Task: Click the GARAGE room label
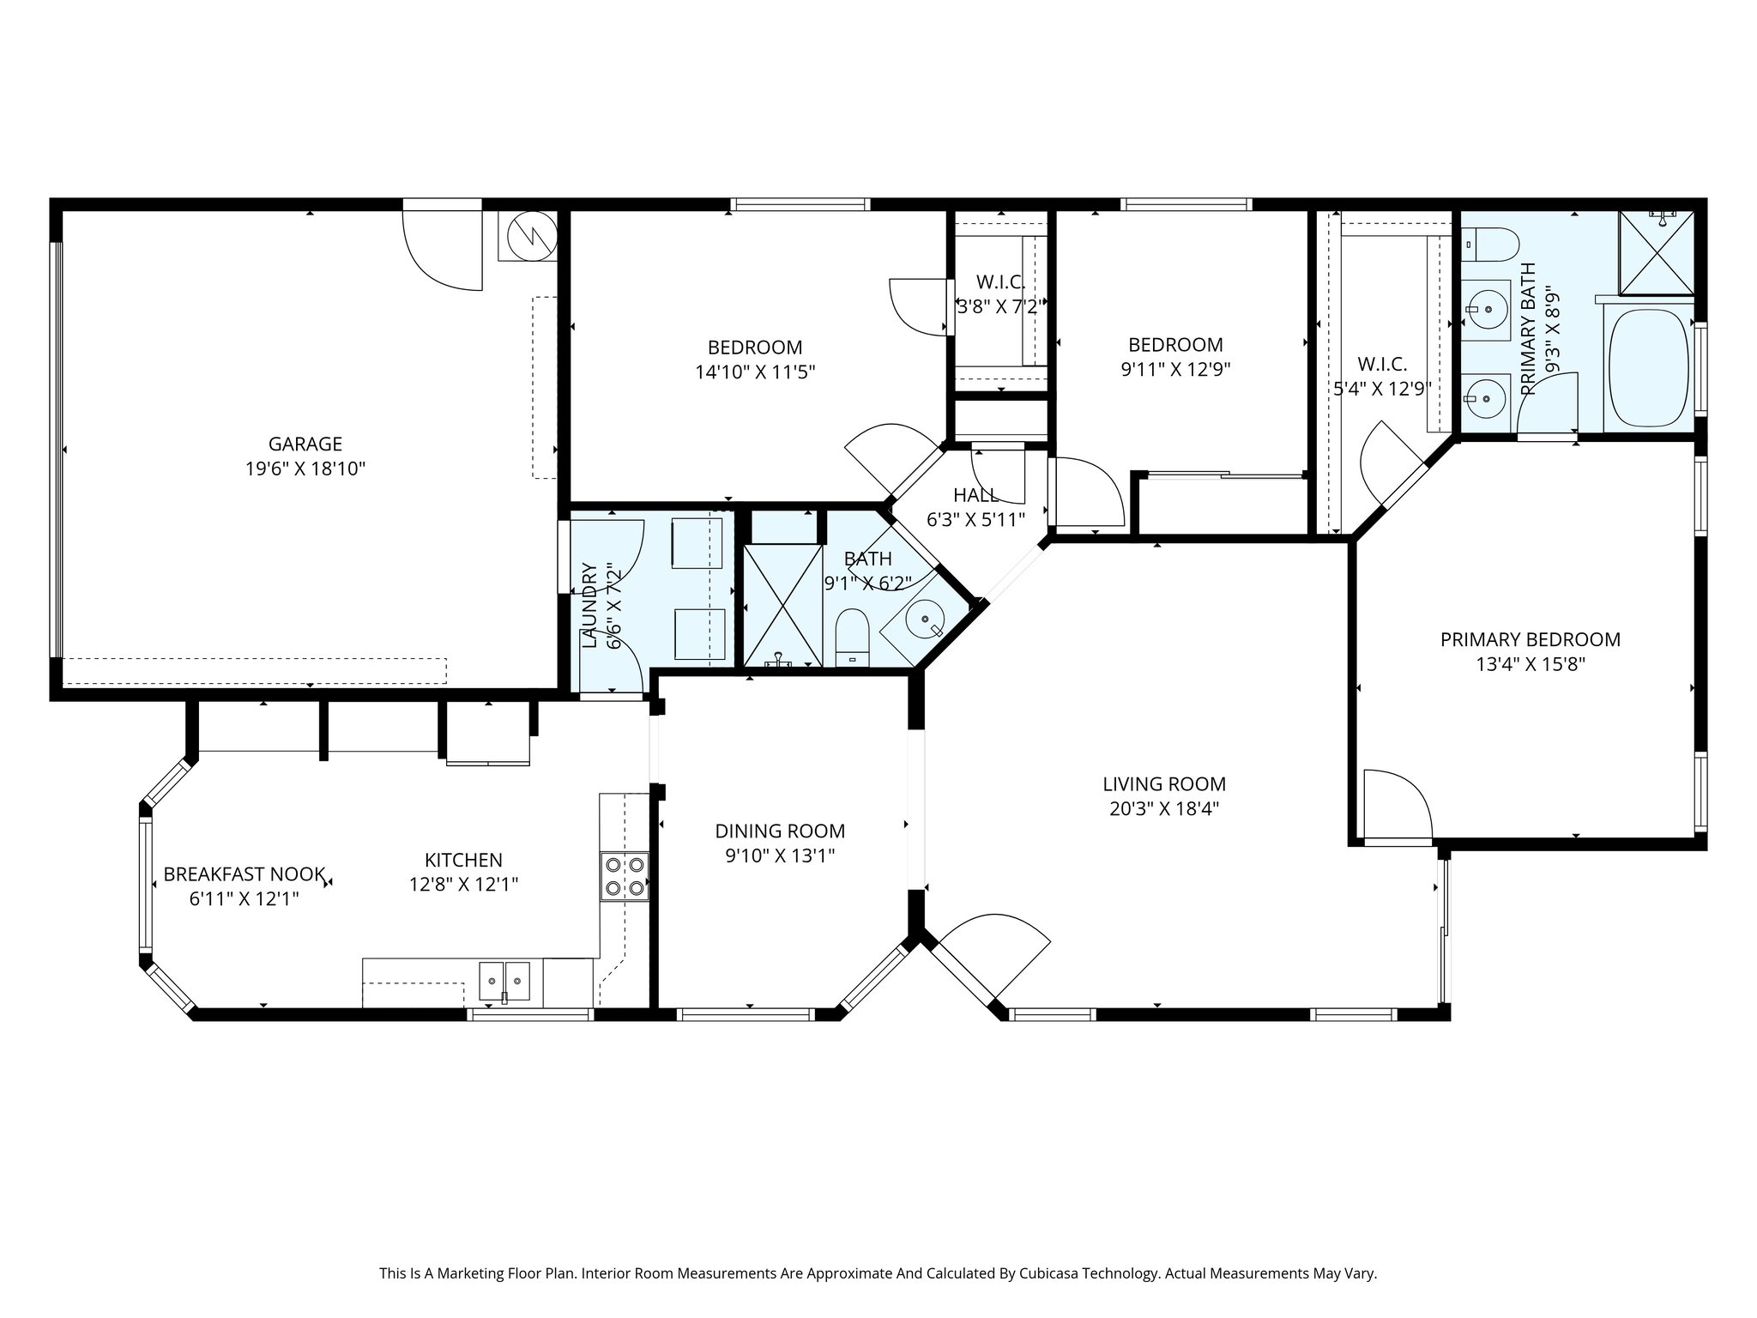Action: click(305, 444)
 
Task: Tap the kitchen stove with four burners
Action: click(625, 876)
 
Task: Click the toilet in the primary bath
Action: click(1484, 245)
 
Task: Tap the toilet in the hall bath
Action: click(852, 638)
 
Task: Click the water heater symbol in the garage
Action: click(528, 234)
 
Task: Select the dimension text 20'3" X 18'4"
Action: click(1164, 808)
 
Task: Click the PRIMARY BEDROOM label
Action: click(1531, 639)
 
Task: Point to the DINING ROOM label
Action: click(780, 831)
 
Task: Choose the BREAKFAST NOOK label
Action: click(245, 874)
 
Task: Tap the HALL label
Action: click(975, 495)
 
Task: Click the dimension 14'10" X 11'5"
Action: click(755, 372)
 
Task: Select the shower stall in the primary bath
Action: click(1657, 252)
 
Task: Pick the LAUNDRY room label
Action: click(589, 605)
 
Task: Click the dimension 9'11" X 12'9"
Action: click(1175, 370)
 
